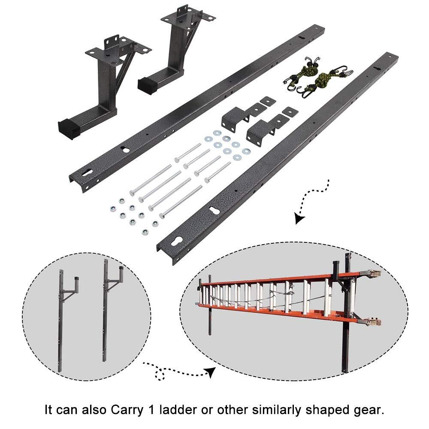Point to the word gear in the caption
tap(369, 409)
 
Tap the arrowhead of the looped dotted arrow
tap(210, 372)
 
